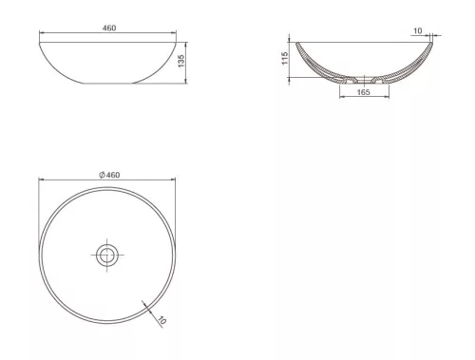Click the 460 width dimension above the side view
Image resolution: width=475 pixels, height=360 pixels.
(x=108, y=28)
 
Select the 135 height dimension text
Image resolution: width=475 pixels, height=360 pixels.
(x=181, y=61)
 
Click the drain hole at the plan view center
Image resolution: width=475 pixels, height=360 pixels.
(x=106, y=254)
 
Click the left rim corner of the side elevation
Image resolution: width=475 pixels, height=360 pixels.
(x=39, y=40)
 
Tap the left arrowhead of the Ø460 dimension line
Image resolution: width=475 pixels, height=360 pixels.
(x=40, y=180)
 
